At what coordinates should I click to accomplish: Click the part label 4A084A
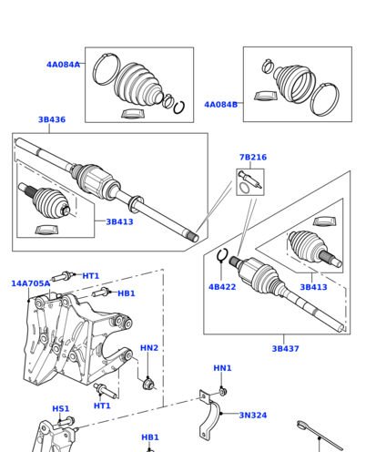click(x=63, y=65)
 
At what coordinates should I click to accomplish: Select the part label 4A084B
click(x=221, y=105)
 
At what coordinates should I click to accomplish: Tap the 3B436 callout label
click(x=52, y=119)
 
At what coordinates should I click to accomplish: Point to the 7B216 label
click(x=253, y=158)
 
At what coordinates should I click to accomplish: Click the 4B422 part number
click(x=222, y=287)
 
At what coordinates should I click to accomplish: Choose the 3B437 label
click(x=285, y=349)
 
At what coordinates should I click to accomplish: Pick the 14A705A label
click(x=30, y=283)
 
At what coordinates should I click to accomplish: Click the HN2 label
click(x=149, y=348)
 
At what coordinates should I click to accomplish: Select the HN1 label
click(x=222, y=368)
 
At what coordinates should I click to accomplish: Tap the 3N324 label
click(x=253, y=416)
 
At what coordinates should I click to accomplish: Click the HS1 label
click(x=61, y=409)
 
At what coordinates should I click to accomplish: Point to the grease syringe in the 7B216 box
click(x=250, y=180)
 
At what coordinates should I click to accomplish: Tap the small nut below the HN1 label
click(x=223, y=392)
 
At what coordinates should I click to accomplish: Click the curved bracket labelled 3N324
click(x=208, y=416)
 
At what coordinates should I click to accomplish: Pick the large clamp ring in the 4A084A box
click(x=107, y=69)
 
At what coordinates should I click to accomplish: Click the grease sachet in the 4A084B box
click(x=266, y=96)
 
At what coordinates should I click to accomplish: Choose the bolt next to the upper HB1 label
click(x=101, y=293)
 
